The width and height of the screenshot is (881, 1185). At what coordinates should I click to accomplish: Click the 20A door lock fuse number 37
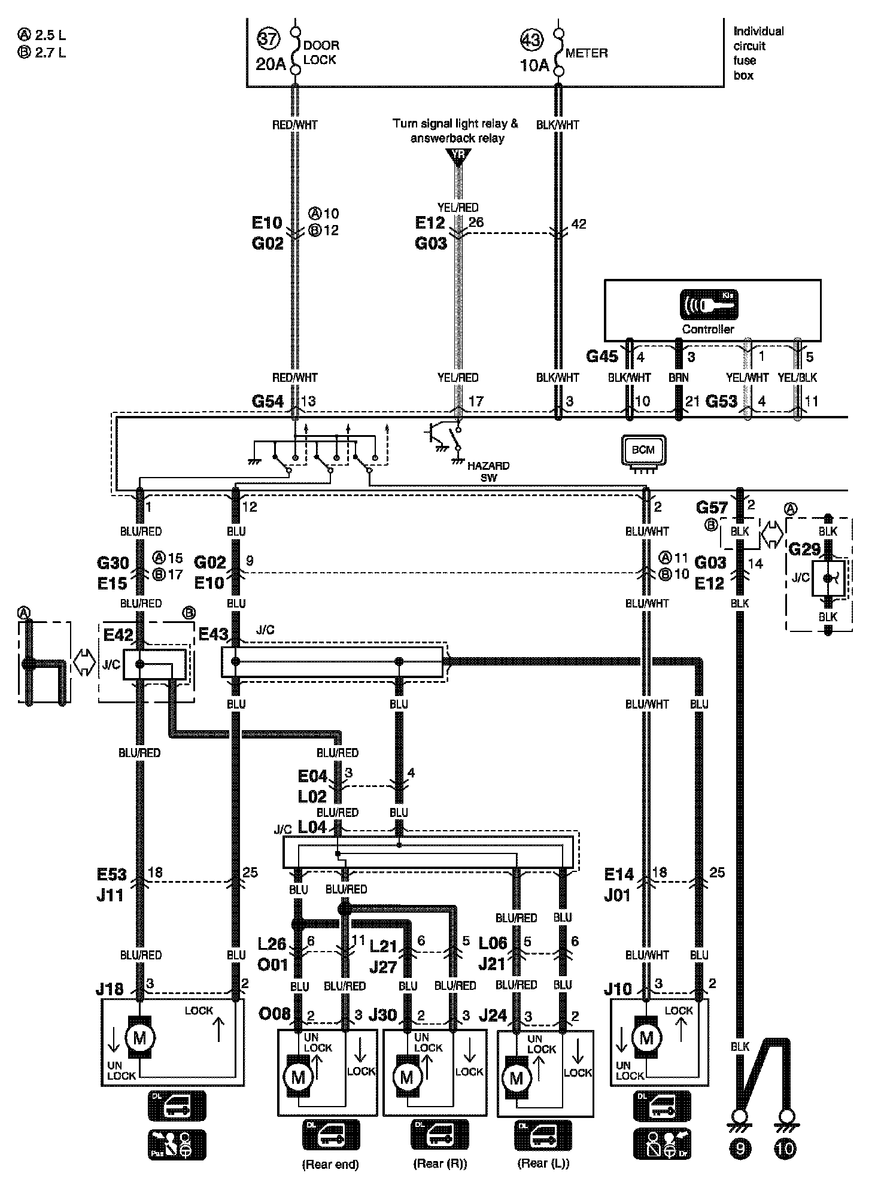[x=268, y=39]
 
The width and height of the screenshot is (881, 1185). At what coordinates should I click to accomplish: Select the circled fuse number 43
[x=531, y=40]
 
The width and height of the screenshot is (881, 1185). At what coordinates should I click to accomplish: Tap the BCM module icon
[x=643, y=451]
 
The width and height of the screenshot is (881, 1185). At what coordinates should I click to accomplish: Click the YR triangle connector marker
[x=458, y=156]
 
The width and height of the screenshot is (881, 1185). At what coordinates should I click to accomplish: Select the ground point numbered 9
[x=740, y=1147]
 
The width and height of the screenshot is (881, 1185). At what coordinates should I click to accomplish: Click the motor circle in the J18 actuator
[x=139, y=1038]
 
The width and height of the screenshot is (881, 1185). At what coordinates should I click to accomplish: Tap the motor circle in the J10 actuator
[x=646, y=1037]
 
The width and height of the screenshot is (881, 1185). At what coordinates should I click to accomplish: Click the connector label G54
[x=268, y=401]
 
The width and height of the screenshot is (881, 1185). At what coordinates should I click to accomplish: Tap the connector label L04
[x=312, y=828]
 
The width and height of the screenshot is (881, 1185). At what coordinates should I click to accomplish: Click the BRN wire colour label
[x=679, y=378]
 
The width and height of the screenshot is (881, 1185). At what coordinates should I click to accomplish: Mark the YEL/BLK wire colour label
[x=797, y=378]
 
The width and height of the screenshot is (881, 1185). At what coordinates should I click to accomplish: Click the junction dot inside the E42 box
[x=139, y=664]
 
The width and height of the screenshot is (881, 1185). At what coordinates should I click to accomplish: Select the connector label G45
[x=601, y=357]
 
